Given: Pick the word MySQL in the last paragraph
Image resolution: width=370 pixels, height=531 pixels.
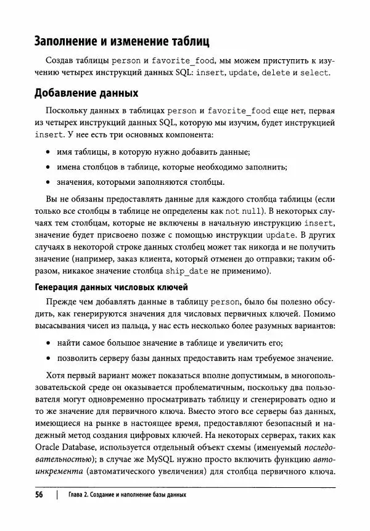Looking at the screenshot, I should (x=199, y=460).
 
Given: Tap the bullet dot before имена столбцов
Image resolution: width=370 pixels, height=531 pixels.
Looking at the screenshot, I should (x=49, y=168).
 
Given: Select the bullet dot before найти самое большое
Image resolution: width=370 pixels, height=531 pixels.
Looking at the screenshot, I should (x=49, y=343).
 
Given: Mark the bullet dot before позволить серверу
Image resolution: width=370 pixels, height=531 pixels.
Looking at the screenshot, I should (x=49, y=358).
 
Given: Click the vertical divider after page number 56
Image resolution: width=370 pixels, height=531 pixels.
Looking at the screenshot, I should (x=57, y=495).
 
